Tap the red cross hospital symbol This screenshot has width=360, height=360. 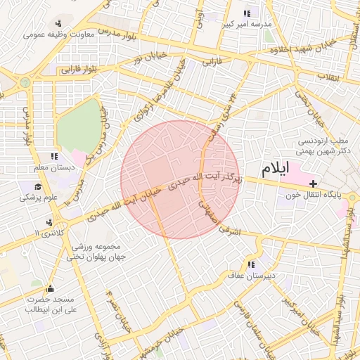tap(313, 183)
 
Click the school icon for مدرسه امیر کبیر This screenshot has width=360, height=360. tap(247, 13)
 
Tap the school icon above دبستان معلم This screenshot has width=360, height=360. tap(54, 156)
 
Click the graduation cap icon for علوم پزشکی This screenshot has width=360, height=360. tap(37, 187)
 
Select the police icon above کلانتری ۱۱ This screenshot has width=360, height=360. tap(48, 222)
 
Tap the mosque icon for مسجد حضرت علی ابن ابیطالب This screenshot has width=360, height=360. tap(49, 288)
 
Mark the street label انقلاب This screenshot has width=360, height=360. tap(328, 75)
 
